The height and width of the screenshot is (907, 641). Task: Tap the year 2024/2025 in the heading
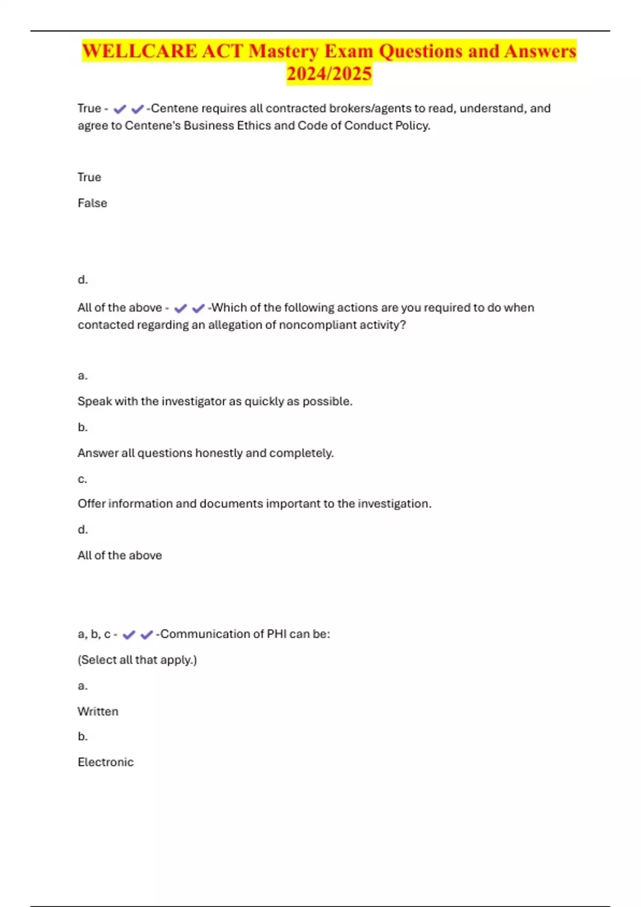(329, 74)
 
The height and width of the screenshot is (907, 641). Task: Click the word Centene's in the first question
(152, 125)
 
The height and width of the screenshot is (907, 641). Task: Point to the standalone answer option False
(92, 203)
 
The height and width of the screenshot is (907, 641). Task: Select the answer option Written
(98, 711)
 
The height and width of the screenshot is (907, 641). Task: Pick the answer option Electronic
(105, 762)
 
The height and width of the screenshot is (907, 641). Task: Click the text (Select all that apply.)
(137, 660)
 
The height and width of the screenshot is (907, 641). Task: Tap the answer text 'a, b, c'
(94, 634)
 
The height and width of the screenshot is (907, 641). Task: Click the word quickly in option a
(264, 401)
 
